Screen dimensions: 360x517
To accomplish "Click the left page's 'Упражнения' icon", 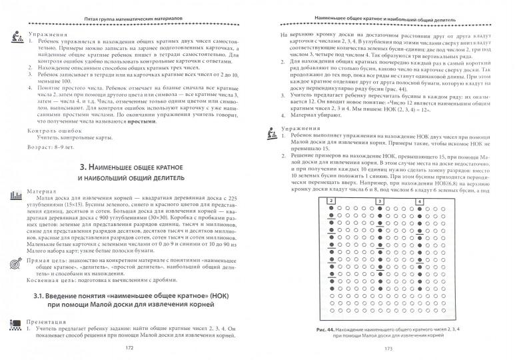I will click(x=15, y=38).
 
